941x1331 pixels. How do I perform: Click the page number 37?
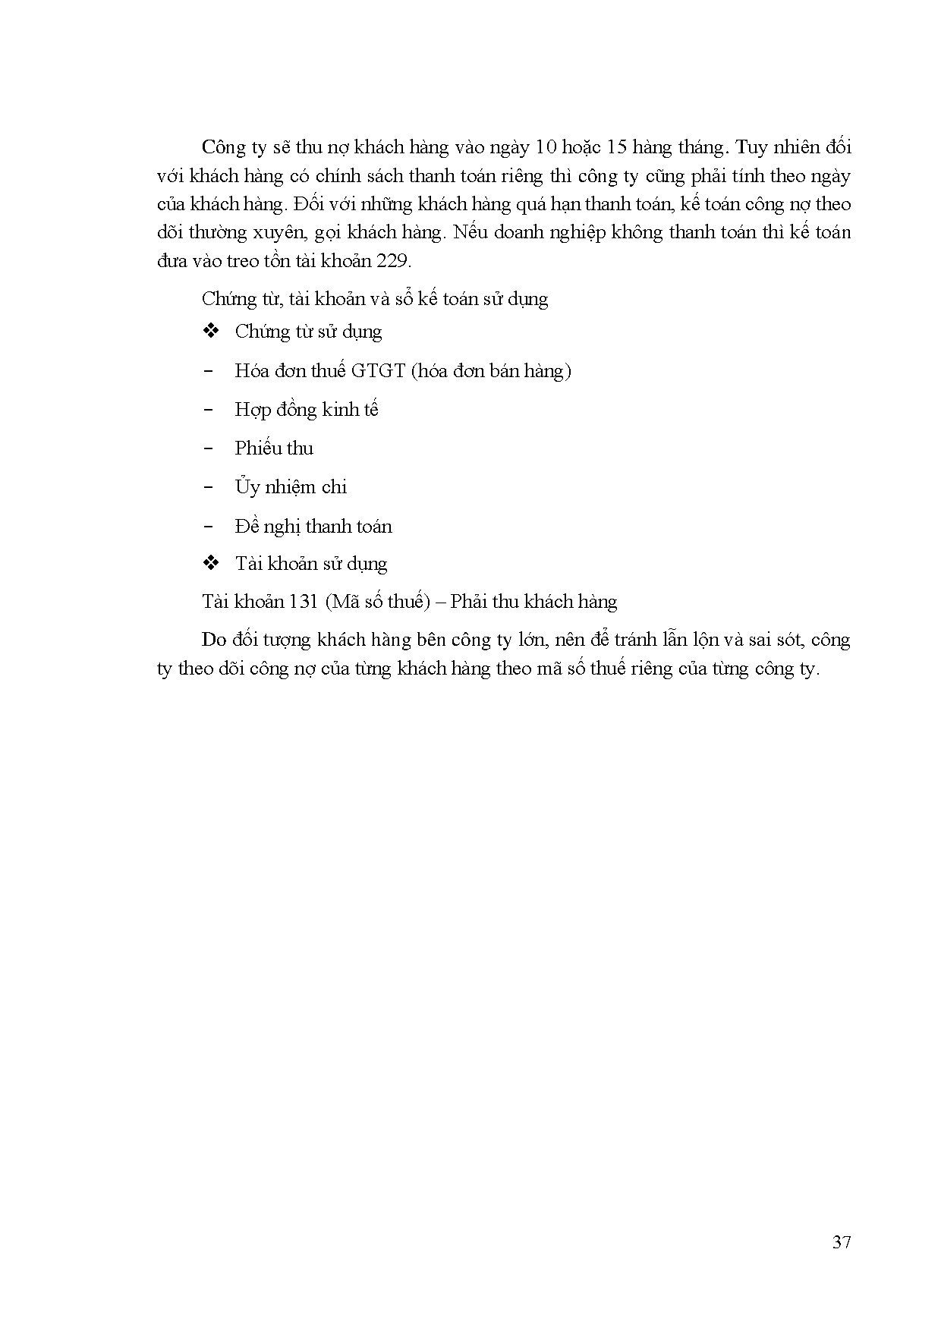point(841,1242)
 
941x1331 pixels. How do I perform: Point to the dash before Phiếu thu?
point(209,448)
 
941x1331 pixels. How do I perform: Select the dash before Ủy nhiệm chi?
point(209,487)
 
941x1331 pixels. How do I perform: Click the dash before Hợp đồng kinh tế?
point(209,410)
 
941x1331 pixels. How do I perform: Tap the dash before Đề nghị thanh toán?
point(209,527)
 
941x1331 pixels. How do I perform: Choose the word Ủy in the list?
point(247,487)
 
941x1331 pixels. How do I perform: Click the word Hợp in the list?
point(253,410)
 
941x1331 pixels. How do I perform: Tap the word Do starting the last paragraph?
point(214,640)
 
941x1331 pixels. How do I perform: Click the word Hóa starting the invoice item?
point(253,370)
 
